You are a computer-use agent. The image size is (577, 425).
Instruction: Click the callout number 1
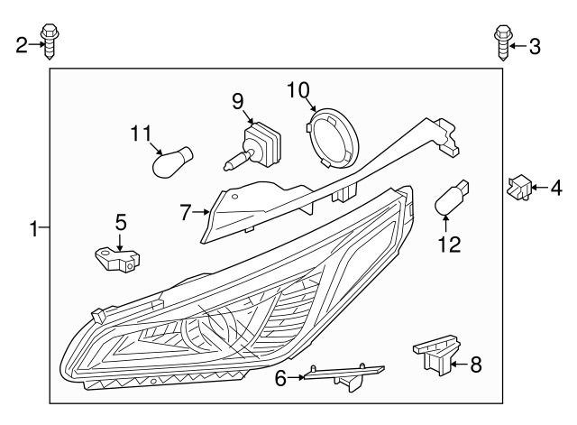pyautogui.click(x=33, y=229)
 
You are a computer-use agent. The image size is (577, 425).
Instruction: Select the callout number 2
pyautogui.click(x=22, y=44)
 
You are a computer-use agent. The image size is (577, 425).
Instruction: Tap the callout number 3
pyautogui.click(x=535, y=45)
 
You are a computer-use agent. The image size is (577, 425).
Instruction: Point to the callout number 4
pyautogui.click(x=555, y=188)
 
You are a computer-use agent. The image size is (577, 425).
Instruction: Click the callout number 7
pyautogui.click(x=186, y=214)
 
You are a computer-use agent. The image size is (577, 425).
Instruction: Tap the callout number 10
pyautogui.click(x=298, y=89)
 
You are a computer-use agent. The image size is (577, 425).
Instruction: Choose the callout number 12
pyautogui.click(x=449, y=244)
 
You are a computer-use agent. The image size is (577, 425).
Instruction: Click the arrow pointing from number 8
pyautogui.click(x=459, y=365)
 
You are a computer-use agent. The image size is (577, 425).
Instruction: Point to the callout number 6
pyautogui.click(x=280, y=379)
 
